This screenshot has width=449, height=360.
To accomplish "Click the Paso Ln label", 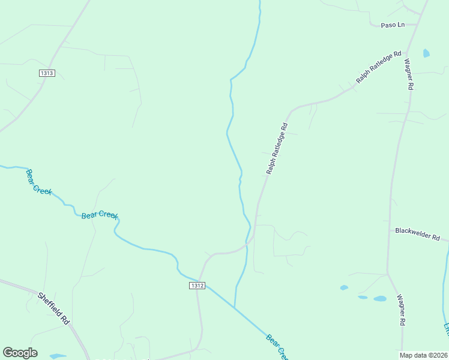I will click(393, 25).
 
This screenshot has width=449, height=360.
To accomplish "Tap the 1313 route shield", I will click(47, 73).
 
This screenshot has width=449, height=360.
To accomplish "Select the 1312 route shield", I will click(197, 286).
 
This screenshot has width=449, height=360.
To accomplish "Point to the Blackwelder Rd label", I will click(418, 234).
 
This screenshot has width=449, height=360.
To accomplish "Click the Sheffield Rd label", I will click(54, 308).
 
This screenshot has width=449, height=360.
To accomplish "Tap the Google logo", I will click(20, 353).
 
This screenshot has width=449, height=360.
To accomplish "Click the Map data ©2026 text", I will click(423, 355).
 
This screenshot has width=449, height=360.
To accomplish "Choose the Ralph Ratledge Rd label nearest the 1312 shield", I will click(277, 149).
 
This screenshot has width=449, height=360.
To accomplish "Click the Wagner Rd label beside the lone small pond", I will click(408, 74).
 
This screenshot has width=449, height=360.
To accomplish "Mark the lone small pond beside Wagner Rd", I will click(426, 53).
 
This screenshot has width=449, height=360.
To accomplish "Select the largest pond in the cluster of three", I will click(380, 298).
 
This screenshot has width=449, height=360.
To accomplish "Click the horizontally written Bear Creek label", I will click(99, 215).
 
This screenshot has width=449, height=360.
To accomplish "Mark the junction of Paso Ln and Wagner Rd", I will click(414, 26).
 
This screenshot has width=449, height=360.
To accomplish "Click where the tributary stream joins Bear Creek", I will click(235, 307).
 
